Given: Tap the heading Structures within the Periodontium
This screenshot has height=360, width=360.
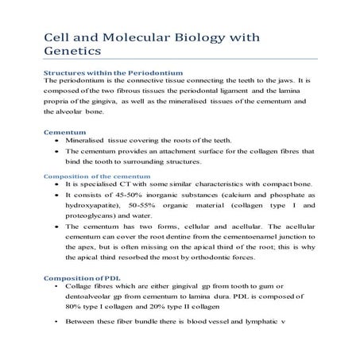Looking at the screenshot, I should (113, 73).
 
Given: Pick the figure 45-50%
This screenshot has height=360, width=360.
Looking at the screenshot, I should (136, 194).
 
